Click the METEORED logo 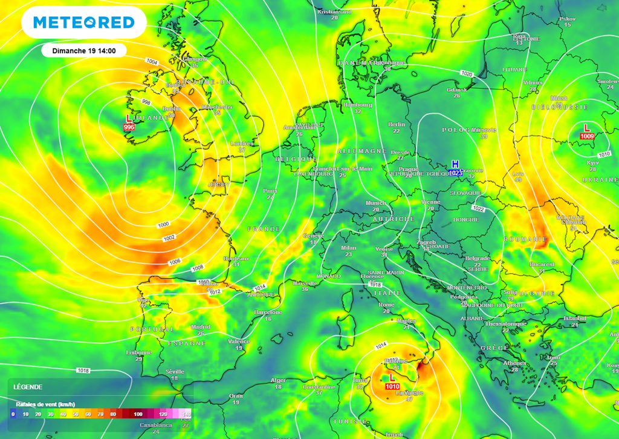[x=83, y=23]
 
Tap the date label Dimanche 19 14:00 [x=84, y=50]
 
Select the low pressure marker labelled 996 [x=129, y=127]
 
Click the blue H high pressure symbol [x=456, y=165]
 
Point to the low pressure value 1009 [x=586, y=137]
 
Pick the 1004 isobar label [x=152, y=62]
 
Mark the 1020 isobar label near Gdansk [x=466, y=73]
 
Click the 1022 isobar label [x=478, y=209]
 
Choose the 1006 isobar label [x=175, y=261]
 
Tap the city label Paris [x=270, y=190]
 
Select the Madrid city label [x=201, y=326]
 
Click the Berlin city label [x=397, y=124]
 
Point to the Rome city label [x=386, y=305]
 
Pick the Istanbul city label [x=574, y=318]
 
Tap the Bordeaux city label [x=236, y=259]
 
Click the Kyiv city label [x=592, y=162]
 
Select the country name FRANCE [x=264, y=229]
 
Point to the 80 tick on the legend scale [x=113, y=414]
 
